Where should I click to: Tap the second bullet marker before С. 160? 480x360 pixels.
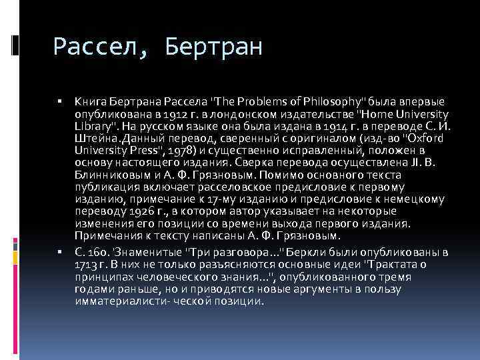(x=59, y=253)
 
